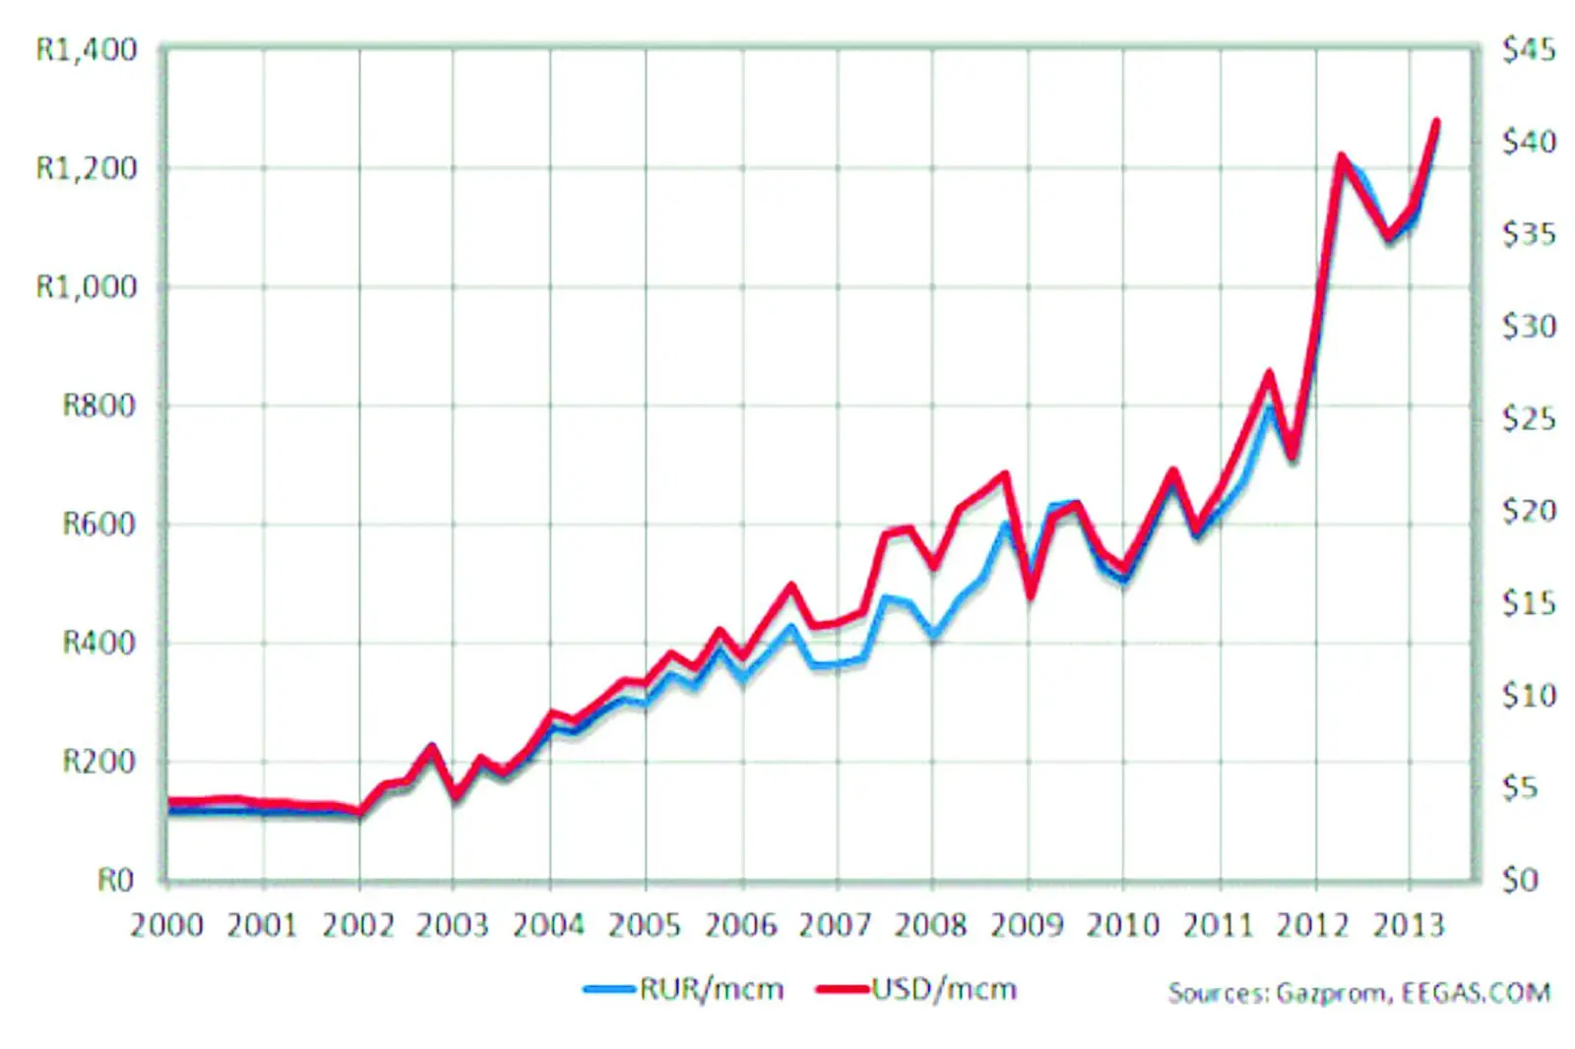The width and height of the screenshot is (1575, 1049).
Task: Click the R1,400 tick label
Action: [x=87, y=49]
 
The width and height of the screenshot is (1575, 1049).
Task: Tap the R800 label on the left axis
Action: [x=98, y=405]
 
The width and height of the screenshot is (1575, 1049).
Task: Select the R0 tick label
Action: [x=115, y=880]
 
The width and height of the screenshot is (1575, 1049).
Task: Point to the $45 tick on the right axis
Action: [x=1529, y=49]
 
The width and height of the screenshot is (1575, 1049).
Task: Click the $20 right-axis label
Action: [x=1529, y=511]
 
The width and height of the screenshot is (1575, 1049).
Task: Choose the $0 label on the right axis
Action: [x=1521, y=880]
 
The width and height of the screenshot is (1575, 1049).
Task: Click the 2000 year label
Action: [x=166, y=926]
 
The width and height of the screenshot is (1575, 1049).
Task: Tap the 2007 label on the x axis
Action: [x=835, y=926]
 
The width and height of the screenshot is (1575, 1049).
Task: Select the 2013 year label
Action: [x=1409, y=926]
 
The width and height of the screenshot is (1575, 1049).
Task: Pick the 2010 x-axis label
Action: [x=1122, y=926]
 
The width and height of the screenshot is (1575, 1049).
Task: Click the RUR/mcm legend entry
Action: [x=711, y=989]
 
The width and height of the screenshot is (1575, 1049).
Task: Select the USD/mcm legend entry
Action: [x=943, y=989]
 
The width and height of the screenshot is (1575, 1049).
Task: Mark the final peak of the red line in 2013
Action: [x=1436, y=122]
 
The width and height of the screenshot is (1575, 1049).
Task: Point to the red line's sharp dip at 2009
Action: [x=1031, y=593]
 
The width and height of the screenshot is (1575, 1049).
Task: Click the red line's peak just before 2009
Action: [x=1005, y=474]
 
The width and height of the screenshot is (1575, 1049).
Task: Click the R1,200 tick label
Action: [x=87, y=168]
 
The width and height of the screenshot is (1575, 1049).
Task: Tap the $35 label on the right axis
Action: [x=1529, y=234]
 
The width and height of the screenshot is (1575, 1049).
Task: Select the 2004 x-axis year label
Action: [x=548, y=926]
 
